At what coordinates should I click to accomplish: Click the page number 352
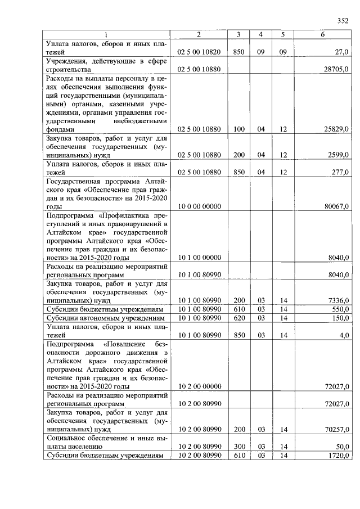tap(343, 21)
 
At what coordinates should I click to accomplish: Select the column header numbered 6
tap(322, 35)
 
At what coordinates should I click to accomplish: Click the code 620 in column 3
tap(239, 318)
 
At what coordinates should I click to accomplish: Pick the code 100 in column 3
tap(239, 129)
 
